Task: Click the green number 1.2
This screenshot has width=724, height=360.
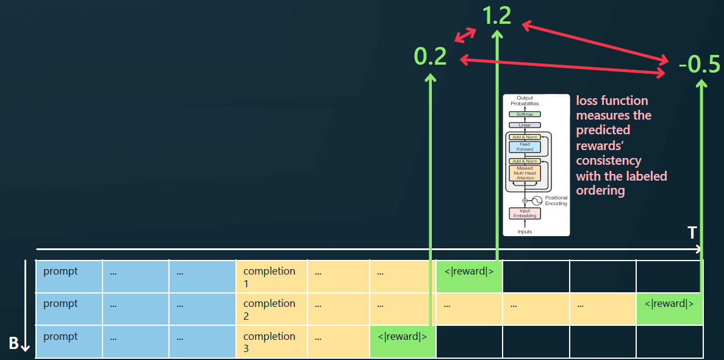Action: coord(496,16)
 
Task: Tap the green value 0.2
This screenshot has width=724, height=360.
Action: coord(430,57)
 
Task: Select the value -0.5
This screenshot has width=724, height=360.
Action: coord(699,64)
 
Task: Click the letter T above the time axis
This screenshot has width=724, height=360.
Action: coord(692,232)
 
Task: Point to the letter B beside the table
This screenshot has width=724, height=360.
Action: coord(13,344)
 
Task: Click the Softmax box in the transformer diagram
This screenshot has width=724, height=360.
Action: coord(525,114)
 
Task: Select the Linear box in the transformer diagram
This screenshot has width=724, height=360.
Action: coord(525,125)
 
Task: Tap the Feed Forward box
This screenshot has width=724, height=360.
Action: coord(525,146)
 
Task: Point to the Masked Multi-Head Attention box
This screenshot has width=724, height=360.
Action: coord(525,173)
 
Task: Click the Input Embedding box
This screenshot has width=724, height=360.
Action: coord(525,213)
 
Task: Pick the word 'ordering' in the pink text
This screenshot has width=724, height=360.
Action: coord(601,190)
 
